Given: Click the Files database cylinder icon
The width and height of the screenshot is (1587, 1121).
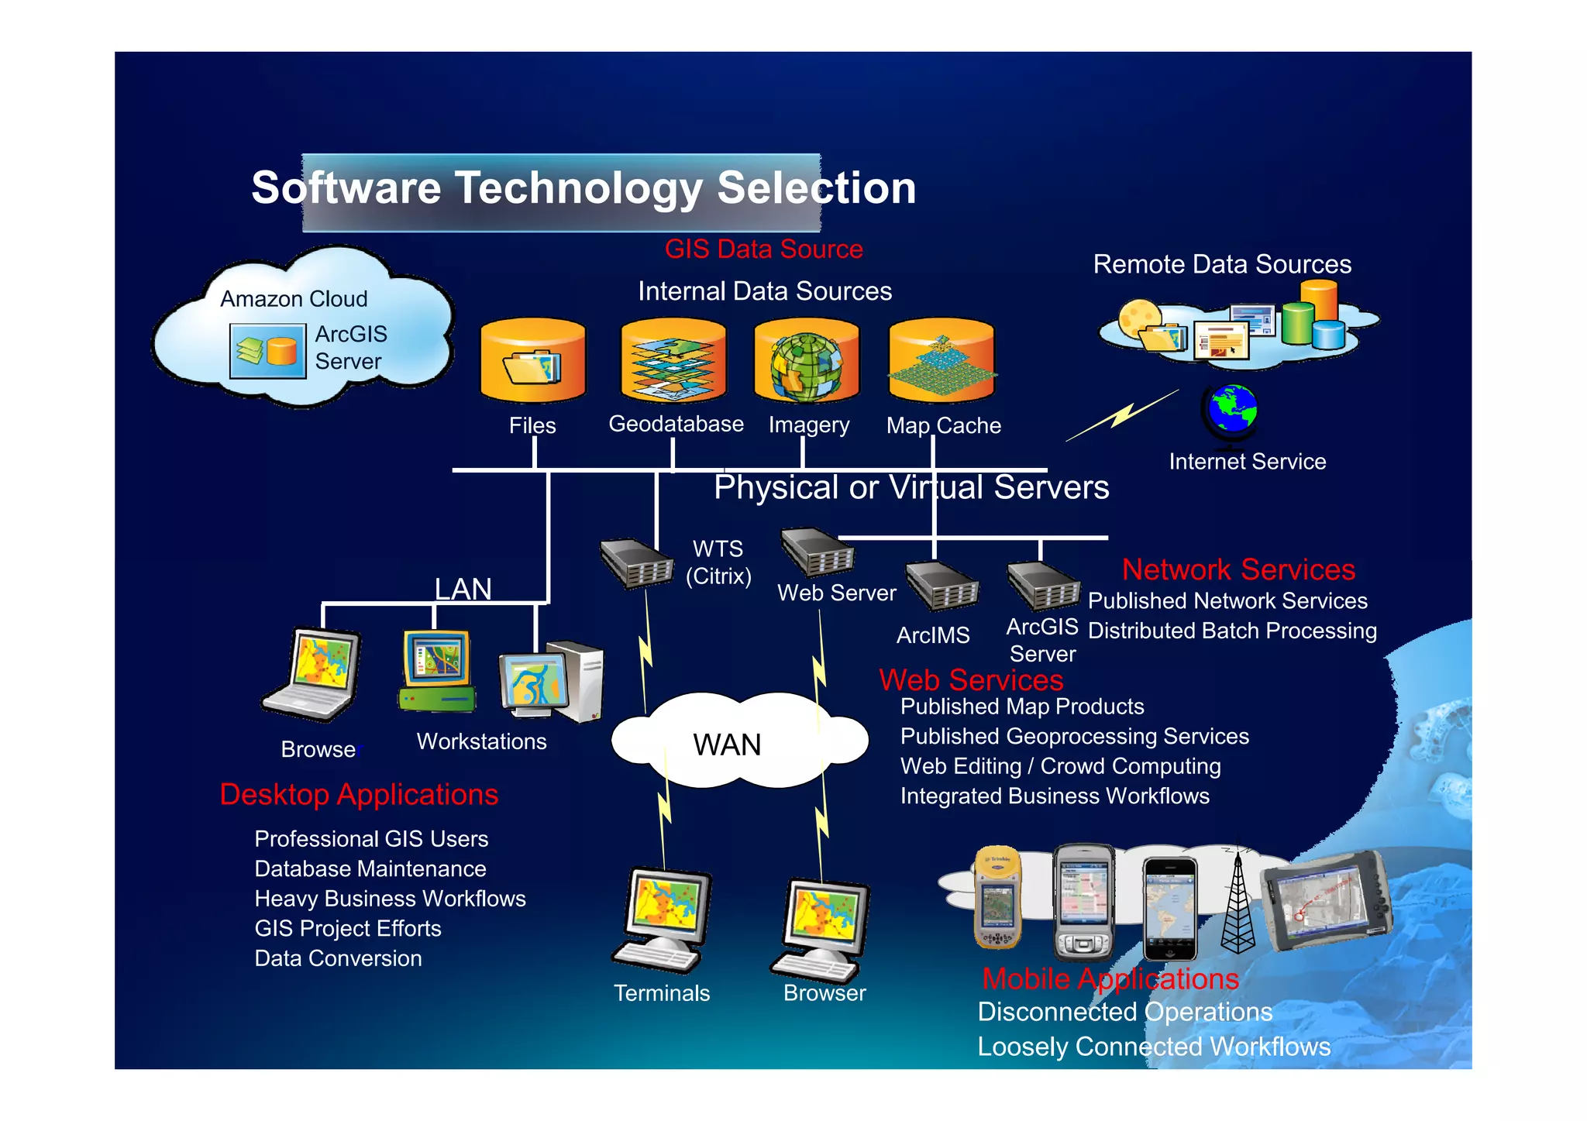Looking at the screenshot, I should (x=533, y=361).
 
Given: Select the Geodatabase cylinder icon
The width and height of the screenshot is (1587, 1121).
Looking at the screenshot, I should (x=673, y=360).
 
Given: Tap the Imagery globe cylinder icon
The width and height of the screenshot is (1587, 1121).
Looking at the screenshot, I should (x=807, y=361).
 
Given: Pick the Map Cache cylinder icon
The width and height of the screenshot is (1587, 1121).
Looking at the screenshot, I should (x=942, y=361).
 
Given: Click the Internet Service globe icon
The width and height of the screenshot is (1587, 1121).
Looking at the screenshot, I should (x=1231, y=413).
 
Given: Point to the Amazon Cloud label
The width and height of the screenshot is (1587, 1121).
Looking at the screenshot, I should (x=294, y=299).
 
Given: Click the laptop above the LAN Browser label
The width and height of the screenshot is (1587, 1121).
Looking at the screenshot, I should (x=314, y=673).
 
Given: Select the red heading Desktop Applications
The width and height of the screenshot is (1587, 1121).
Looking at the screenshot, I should (x=359, y=795).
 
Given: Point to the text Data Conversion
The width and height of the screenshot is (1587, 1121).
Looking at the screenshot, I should (x=339, y=958).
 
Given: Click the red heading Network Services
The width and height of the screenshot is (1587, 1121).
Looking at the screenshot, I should (x=1238, y=569).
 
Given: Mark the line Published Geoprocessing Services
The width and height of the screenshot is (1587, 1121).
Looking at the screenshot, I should (x=1074, y=736).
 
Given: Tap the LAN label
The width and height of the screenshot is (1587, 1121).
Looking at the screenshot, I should (x=463, y=589).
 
